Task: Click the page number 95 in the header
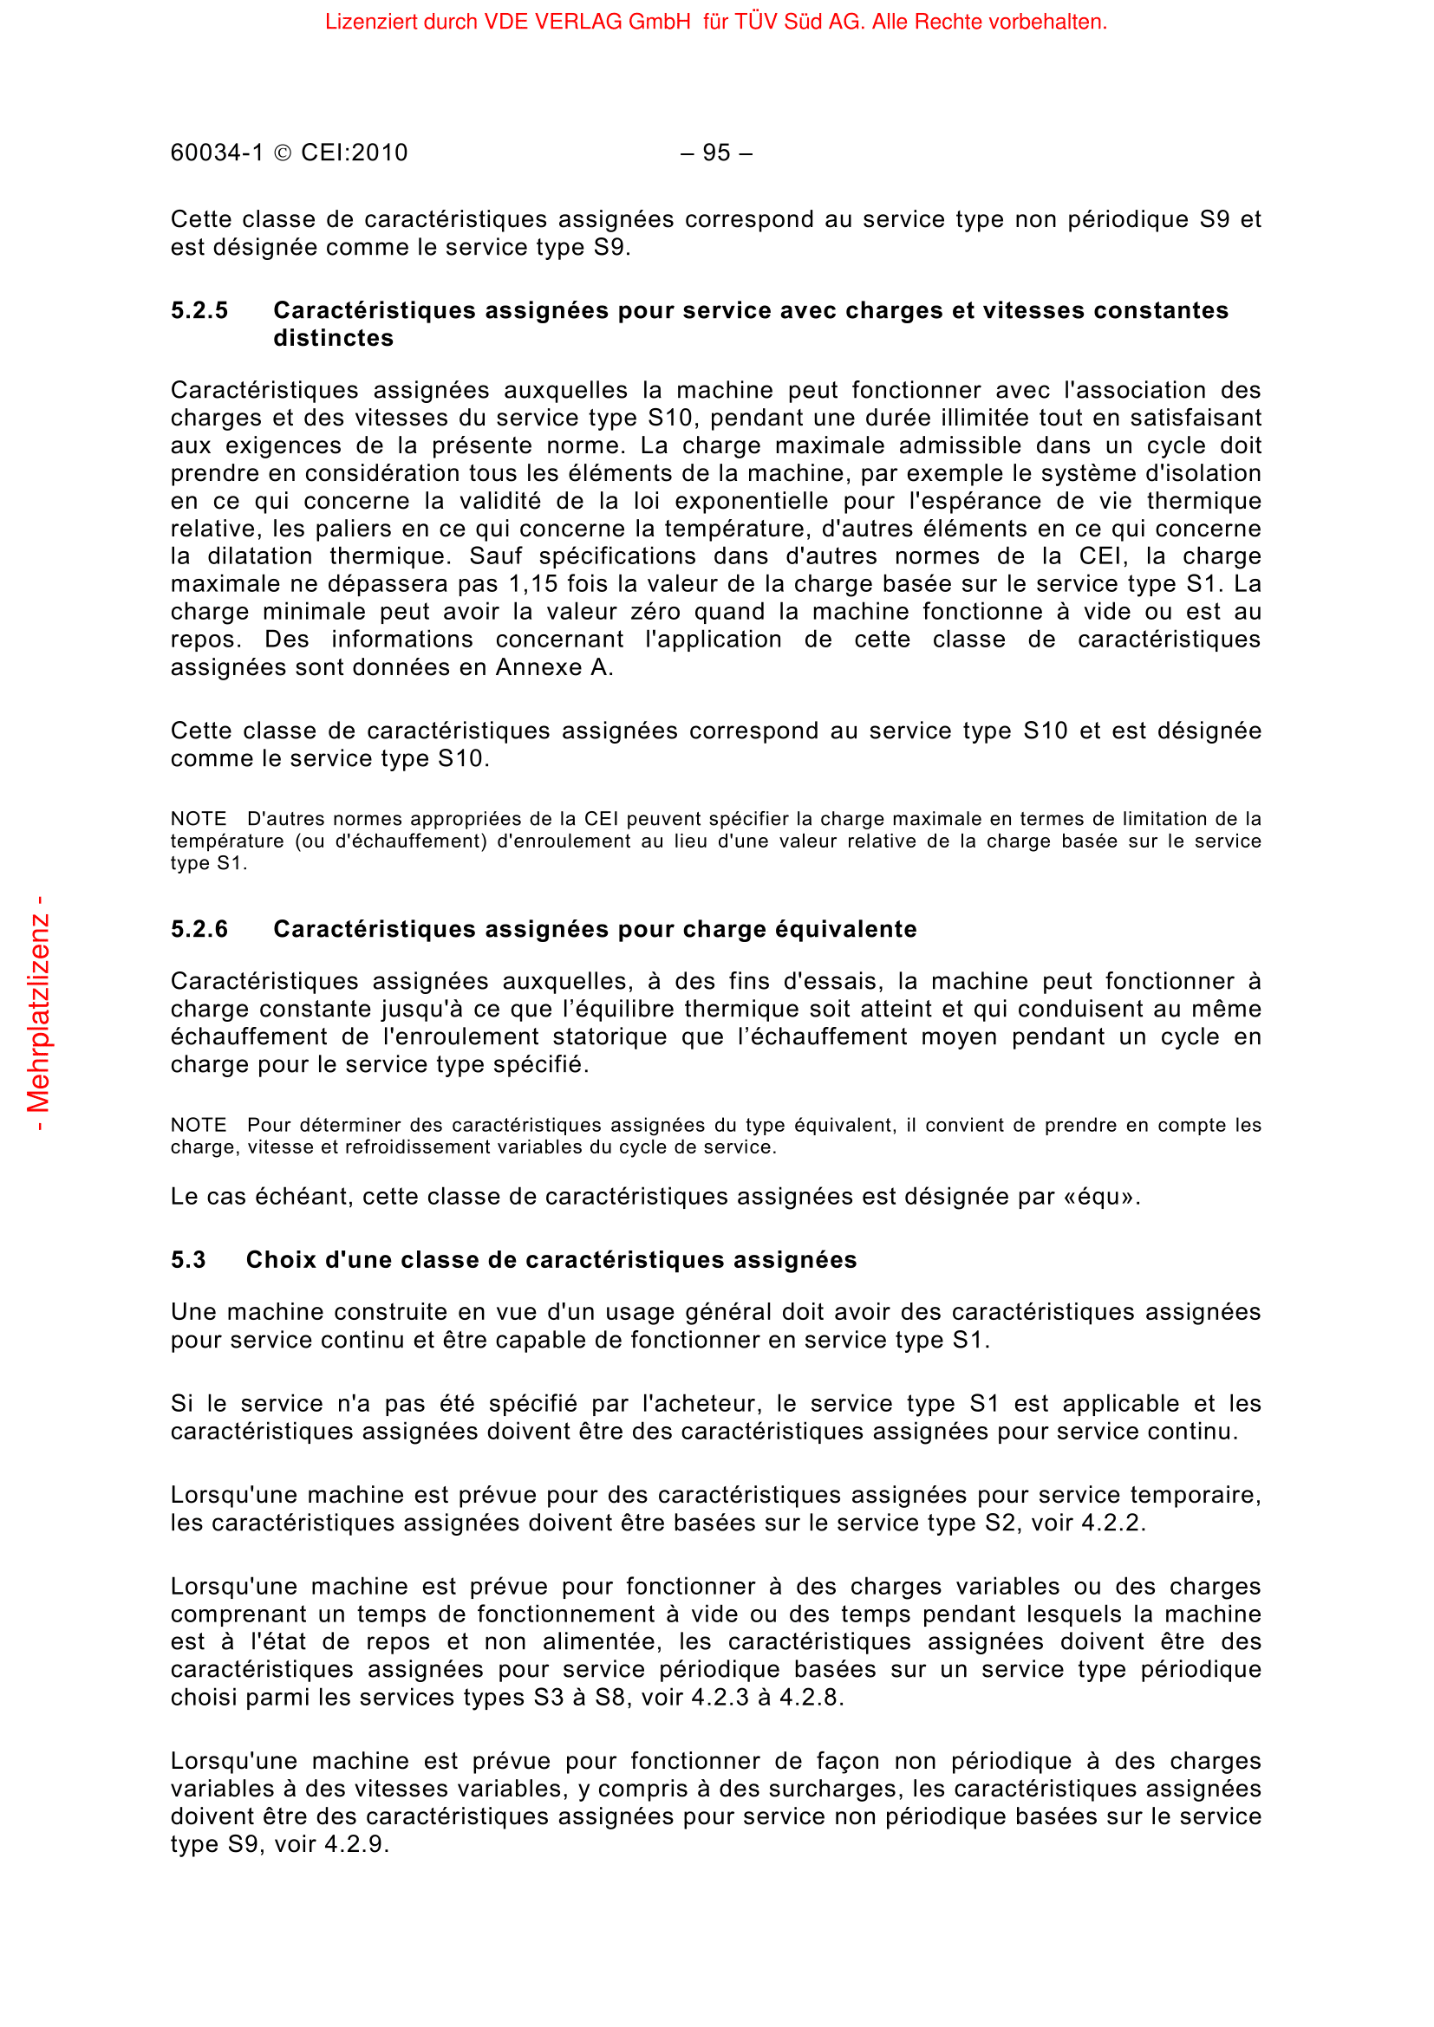click(x=716, y=153)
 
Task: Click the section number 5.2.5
click(x=199, y=311)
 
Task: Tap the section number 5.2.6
click(x=199, y=930)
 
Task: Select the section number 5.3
click(x=188, y=1260)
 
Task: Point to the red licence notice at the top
click(x=716, y=22)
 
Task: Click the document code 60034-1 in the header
click(x=218, y=153)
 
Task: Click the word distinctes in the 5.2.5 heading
click(x=333, y=338)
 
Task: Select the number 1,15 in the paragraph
click(x=534, y=583)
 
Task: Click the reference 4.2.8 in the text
click(x=809, y=1698)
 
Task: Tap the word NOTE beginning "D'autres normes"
click(x=199, y=819)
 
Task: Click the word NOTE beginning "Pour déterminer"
click(x=199, y=1126)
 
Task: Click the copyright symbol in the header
click(x=283, y=153)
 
